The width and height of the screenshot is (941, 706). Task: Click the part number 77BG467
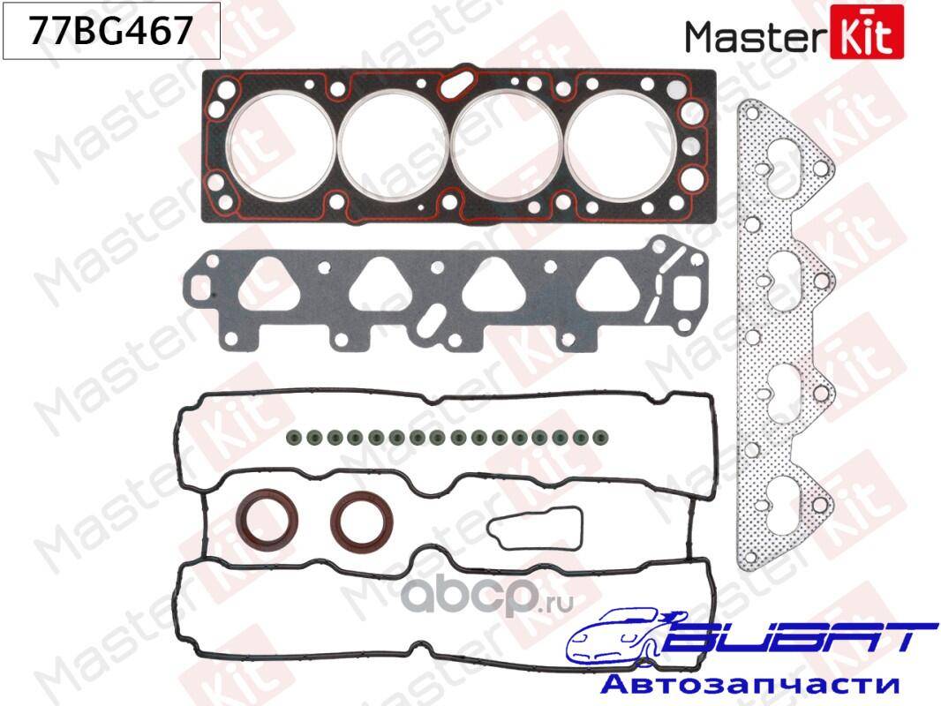(111, 30)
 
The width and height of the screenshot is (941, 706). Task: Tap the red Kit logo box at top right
(867, 32)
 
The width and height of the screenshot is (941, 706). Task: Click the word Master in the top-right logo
(757, 36)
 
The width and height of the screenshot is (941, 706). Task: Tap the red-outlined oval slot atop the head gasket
(458, 85)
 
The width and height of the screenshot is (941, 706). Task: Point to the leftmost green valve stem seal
(293, 437)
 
